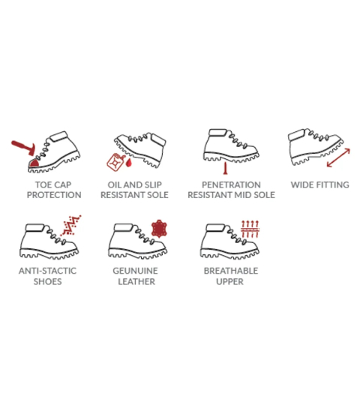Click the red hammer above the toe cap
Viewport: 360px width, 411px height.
click(x=23, y=148)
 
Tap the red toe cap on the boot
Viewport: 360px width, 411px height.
click(x=34, y=163)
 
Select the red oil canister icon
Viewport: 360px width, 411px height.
click(x=115, y=162)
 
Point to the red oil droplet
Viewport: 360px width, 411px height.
click(x=128, y=163)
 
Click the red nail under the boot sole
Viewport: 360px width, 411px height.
click(x=225, y=168)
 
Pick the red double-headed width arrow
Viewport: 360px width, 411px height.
click(x=338, y=157)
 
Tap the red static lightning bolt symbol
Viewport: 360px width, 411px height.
click(x=70, y=225)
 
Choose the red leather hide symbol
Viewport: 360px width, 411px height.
click(x=159, y=229)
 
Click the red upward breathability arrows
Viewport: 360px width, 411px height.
click(x=250, y=229)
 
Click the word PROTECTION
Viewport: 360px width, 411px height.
click(x=54, y=195)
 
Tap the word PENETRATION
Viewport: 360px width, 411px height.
click(x=231, y=184)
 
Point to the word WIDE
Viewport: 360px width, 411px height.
click(x=302, y=184)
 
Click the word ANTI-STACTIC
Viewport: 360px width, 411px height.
click(x=47, y=271)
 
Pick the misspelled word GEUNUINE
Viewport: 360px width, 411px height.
click(x=135, y=271)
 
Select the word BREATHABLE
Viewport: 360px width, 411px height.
click(x=231, y=271)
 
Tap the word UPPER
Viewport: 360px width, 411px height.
click(x=230, y=281)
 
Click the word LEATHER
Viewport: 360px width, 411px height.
click(x=136, y=281)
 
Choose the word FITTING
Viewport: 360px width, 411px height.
click(x=333, y=184)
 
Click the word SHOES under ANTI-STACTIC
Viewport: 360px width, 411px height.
click(x=48, y=281)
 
